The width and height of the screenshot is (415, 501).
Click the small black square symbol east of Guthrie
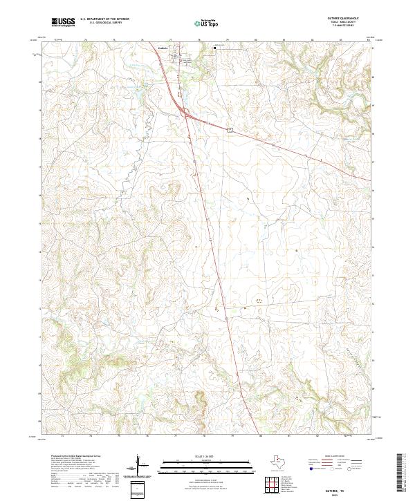(214, 48)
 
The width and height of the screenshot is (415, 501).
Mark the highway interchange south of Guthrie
(185, 113)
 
